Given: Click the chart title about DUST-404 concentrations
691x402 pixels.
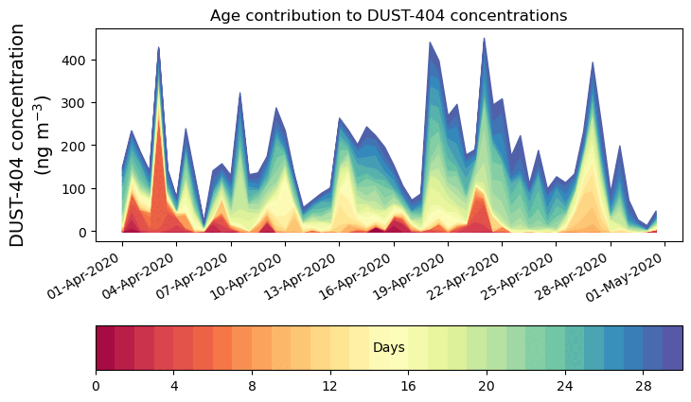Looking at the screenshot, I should click(388, 15).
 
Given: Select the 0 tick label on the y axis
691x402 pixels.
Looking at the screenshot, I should click(85, 232).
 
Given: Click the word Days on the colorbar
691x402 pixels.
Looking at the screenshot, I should click(388, 348).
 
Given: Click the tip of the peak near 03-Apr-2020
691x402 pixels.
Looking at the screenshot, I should click(159, 46).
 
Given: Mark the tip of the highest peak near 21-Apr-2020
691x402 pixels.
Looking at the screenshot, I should click(485, 38).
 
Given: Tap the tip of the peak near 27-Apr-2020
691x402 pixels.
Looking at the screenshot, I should click(593, 62).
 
